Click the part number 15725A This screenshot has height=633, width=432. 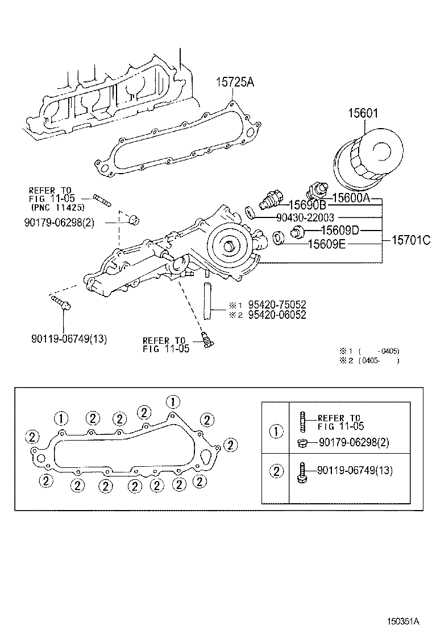[234, 83]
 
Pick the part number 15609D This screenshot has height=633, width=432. [339, 231]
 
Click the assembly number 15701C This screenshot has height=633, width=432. [410, 240]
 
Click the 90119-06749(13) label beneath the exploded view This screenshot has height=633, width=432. [69, 339]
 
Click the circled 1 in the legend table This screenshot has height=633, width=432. [276, 431]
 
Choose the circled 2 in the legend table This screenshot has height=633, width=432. [276, 471]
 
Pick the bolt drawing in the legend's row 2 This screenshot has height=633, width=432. [302, 472]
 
